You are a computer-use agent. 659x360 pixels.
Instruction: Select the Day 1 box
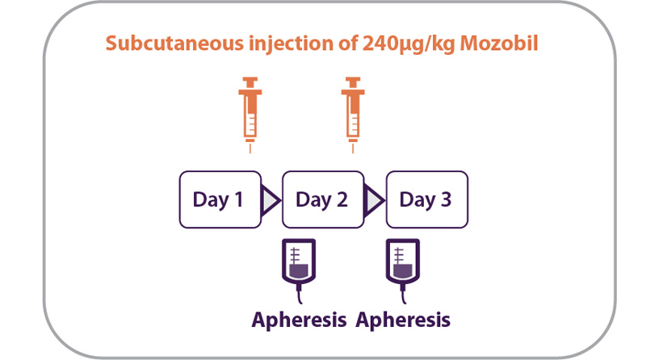[219, 199]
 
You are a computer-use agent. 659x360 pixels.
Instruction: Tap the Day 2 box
[322, 199]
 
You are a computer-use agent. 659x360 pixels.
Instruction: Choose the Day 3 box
[426, 199]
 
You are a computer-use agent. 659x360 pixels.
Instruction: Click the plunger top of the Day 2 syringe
[352, 80]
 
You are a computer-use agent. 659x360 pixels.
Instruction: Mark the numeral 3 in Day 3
[446, 200]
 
